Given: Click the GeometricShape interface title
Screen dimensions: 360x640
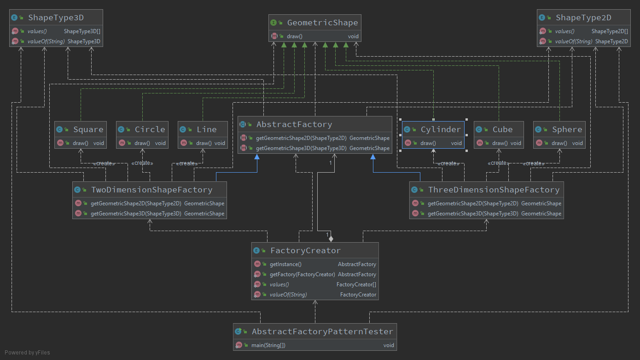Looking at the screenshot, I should click(x=322, y=23).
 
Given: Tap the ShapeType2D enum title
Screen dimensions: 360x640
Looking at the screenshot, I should click(x=583, y=17).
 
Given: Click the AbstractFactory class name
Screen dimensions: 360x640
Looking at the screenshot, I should click(x=294, y=124).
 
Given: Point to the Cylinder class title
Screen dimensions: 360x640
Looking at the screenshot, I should click(x=440, y=129).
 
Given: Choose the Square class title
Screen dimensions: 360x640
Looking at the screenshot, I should click(x=88, y=129).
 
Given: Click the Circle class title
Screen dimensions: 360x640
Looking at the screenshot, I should click(x=150, y=129).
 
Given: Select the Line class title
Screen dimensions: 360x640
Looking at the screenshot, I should click(x=206, y=129).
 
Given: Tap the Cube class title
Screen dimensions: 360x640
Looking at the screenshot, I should click(x=502, y=129).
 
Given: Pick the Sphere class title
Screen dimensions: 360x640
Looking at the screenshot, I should click(x=567, y=129).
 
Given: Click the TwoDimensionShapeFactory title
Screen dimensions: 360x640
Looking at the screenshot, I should click(x=151, y=190).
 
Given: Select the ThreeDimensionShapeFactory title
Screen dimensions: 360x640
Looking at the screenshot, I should click(x=494, y=190).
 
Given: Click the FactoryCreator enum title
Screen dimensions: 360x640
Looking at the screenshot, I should click(x=305, y=250).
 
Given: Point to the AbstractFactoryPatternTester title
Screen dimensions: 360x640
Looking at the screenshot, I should click(x=322, y=331).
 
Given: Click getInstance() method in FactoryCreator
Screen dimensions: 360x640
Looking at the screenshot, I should click(x=285, y=264).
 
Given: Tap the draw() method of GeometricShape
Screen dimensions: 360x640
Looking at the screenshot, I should click(x=294, y=36).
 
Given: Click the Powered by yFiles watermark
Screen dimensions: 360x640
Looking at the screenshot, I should click(x=27, y=353).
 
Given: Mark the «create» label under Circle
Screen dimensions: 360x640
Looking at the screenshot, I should click(x=142, y=163).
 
